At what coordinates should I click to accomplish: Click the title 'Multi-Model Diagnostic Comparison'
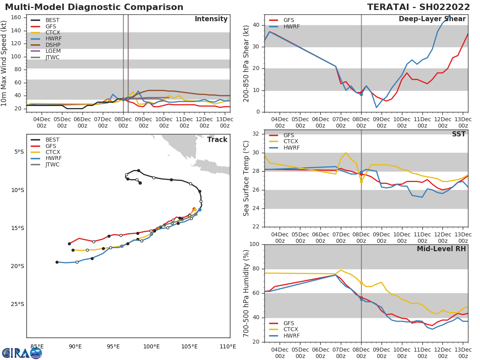coord(94,7)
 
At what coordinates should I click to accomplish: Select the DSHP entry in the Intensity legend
coord(53,45)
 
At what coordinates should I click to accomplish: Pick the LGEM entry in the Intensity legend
coord(53,51)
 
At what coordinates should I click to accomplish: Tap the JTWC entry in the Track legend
coord(52,164)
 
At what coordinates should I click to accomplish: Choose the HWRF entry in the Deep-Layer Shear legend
coord(291,27)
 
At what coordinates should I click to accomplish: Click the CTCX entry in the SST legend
coord(290,142)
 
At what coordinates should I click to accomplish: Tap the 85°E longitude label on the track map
coord(37,347)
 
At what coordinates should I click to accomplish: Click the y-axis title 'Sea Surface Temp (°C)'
coord(246,178)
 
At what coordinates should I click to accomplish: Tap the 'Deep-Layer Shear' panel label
coord(432,19)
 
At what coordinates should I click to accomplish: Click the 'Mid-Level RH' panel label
coord(441,249)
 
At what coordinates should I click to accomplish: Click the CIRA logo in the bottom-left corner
coord(22,353)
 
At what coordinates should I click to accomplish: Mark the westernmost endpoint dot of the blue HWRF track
coord(57,262)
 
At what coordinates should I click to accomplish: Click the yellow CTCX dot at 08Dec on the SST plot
coord(361,181)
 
